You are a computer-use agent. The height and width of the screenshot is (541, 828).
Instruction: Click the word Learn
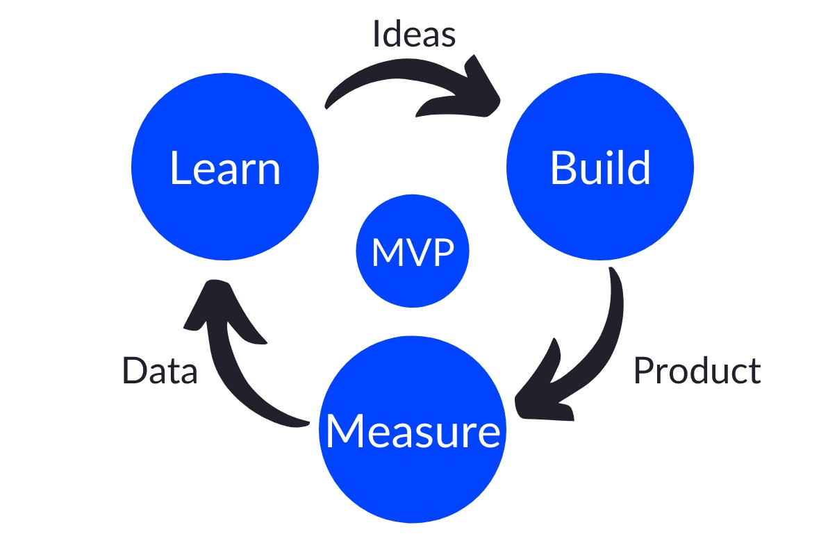pyautogui.click(x=225, y=169)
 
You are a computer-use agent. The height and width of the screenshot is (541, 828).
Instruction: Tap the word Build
pyautogui.click(x=600, y=167)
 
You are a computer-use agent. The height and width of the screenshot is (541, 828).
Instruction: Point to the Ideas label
pyautogui.click(x=414, y=34)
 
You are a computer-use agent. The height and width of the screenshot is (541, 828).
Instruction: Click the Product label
pyautogui.click(x=697, y=371)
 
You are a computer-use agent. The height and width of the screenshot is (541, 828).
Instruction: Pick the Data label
pyautogui.click(x=160, y=371)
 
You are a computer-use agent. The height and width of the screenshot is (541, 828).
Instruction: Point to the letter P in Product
pyautogui.click(x=643, y=371)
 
